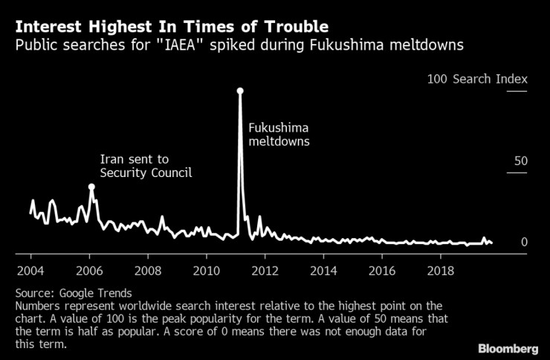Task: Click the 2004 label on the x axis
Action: pyautogui.click(x=30, y=269)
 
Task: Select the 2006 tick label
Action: pyautogui.click(x=89, y=269)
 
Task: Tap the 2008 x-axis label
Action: pyautogui.click(x=148, y=269)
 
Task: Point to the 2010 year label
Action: pyautogui.click(x=207, y=269)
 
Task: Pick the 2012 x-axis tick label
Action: pyautogui.click(x=265, y=269)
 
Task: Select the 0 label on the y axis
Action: pyautogui.click(x=523, y=242)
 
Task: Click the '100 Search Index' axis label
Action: pyautogui.click(x=476, y=79)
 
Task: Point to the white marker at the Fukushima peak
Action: pyautogui.click(x=240, y=91)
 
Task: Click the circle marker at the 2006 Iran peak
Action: pyautogui.click(x=91, y=187)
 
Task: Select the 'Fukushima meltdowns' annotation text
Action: pyautogui.click(x=278, y=135)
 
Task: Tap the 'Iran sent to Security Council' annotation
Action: pyautogui.click(x=146, y=166)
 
